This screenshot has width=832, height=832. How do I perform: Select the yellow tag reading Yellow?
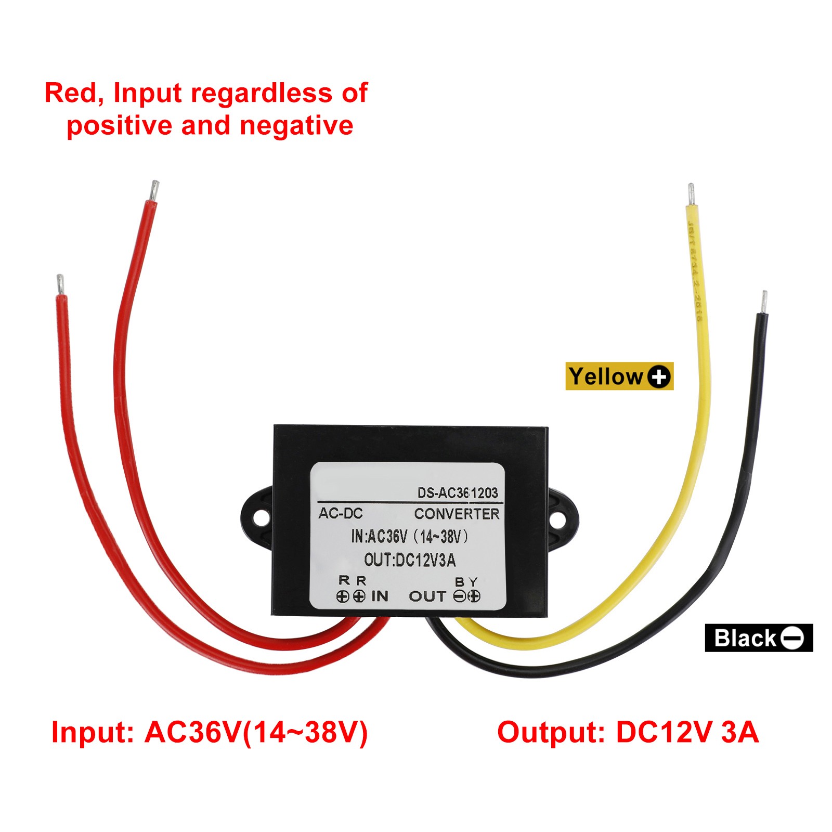pos(619,376)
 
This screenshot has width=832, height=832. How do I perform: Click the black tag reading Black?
pos(758,638)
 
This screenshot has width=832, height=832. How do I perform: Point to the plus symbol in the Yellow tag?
pos(659,376)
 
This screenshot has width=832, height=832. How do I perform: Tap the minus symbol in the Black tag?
pos(792,638)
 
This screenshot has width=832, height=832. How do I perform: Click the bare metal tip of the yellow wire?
pos(691,194)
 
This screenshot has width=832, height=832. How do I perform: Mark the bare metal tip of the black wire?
pos(763,302)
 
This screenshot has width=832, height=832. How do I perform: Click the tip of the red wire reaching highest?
pos(154,190)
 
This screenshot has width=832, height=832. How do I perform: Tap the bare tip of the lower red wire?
pos(60,284)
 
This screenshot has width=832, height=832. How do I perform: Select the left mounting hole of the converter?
pos(259,517)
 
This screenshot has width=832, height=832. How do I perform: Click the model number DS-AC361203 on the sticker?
pos(458,492)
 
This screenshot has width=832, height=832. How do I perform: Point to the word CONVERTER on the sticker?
pos(457,514)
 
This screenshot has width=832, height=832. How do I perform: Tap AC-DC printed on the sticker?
pos(341,513)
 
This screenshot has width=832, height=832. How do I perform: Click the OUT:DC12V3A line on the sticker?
pos(410,560)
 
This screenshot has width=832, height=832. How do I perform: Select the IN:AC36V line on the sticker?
pos(410,536)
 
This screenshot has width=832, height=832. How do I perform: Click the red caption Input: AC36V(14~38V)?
pos(210,732)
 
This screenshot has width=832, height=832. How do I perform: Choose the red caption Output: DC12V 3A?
pos(628,732)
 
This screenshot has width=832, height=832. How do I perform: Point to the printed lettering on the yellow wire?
pos(695,270)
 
